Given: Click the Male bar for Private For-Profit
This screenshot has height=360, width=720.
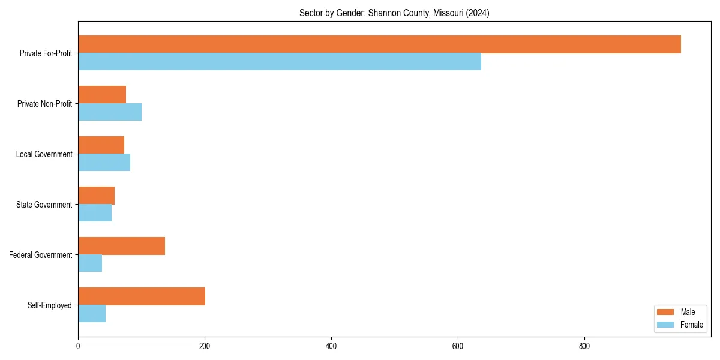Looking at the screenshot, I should [x=379, y=44].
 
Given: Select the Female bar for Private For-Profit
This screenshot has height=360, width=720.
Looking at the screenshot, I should [x=280, y=62].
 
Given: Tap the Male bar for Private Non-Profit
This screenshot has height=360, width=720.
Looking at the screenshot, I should [x=102, y=95].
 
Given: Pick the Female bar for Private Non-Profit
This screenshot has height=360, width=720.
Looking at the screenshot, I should [x=110, y=112].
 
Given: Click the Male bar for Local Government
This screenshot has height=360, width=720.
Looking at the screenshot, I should [x=101, y=145].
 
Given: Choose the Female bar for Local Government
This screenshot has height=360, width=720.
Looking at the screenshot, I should [x=104, y=163].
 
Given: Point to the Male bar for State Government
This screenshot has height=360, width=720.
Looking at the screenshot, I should [x=96, y=196].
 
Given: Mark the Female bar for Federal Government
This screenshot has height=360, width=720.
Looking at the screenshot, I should [x=90, y=263].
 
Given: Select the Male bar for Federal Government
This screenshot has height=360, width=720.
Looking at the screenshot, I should [x=121, y=246].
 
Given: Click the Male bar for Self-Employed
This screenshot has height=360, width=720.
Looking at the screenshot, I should [x=142, y=296].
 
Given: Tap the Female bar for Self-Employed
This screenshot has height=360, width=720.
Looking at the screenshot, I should [x=92, y=314].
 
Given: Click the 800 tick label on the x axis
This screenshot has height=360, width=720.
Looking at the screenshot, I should [x=584, y=346].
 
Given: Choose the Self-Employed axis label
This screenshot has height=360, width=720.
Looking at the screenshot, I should [x=50, y=305].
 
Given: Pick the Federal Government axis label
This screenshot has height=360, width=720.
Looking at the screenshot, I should [x=41, y=255].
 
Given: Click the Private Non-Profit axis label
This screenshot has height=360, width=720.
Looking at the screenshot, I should [x=44, y=104].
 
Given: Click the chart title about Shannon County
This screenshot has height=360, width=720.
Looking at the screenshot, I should [x=394, y=13].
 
